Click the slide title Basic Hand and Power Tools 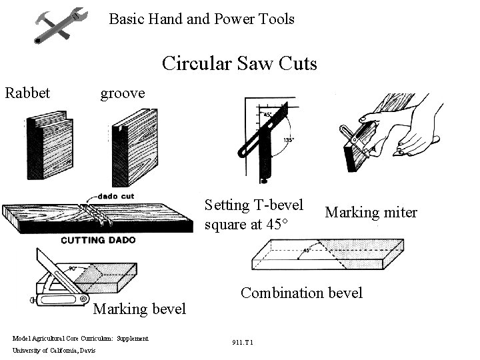(201, 19)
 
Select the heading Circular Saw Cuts (239, 64)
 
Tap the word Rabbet (27, 93)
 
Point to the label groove (122, 93)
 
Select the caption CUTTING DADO (98, 241)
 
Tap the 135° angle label (288, 140)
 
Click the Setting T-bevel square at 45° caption (254, 214)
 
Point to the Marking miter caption (371, 213)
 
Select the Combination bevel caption (301, 293)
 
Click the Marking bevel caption (139, 309)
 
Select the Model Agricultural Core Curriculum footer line (80, 339)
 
